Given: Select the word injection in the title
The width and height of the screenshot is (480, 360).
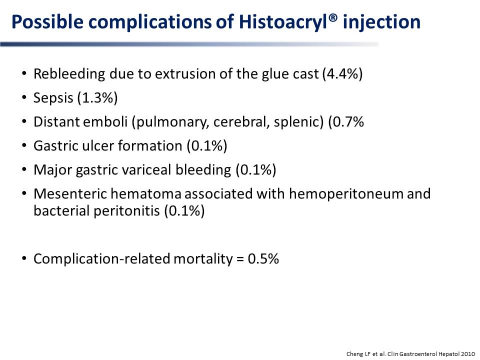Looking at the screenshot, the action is coord(381,22).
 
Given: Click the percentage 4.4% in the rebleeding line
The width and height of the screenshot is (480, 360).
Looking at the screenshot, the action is coord(342,74).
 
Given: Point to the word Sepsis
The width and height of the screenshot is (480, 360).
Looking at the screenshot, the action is coord(53,98).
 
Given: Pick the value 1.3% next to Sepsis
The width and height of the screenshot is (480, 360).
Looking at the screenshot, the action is coord(97,98).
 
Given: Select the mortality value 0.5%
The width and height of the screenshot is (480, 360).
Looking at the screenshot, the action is coord(263,258).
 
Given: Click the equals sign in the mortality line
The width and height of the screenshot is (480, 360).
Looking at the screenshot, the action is coord(240,259).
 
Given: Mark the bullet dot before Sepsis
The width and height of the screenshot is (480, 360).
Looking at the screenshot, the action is coord(24,97).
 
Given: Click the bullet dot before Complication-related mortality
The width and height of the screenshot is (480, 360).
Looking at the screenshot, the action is coord(24,258).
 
